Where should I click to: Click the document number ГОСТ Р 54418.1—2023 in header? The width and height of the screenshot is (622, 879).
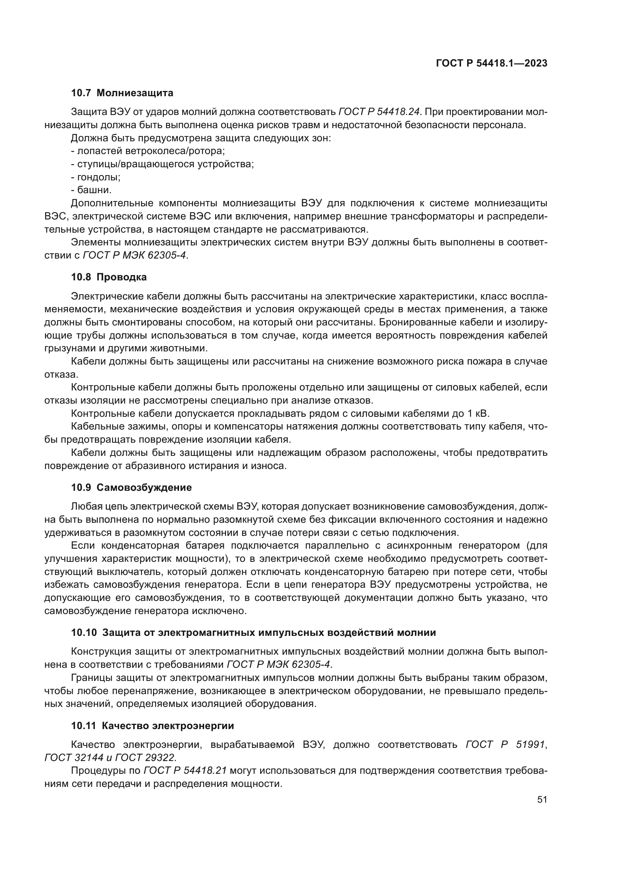pyautogui.click(x=492, y=64)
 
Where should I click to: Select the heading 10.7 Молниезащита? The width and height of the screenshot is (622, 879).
pyautogui.click(x=122, y=93)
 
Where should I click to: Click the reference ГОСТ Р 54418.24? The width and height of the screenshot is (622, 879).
pyautogui.click(x=379, y=112)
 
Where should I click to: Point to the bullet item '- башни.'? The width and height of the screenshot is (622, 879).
pyautogui.click(x=91, y=190)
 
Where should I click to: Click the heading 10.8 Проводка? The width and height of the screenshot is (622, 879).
pyautogui.click(x=109, y=277)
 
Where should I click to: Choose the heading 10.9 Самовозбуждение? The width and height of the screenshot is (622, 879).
pyautogui.click(x=131, y=488)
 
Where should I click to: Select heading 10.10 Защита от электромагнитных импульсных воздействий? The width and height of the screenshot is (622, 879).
pyautogui.click(x=253, y=632)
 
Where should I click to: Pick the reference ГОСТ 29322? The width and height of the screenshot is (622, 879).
pyautogui.click(x=145, y=758)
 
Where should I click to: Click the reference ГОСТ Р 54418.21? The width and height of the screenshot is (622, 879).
pyautogui.click(x=185, y=771)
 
